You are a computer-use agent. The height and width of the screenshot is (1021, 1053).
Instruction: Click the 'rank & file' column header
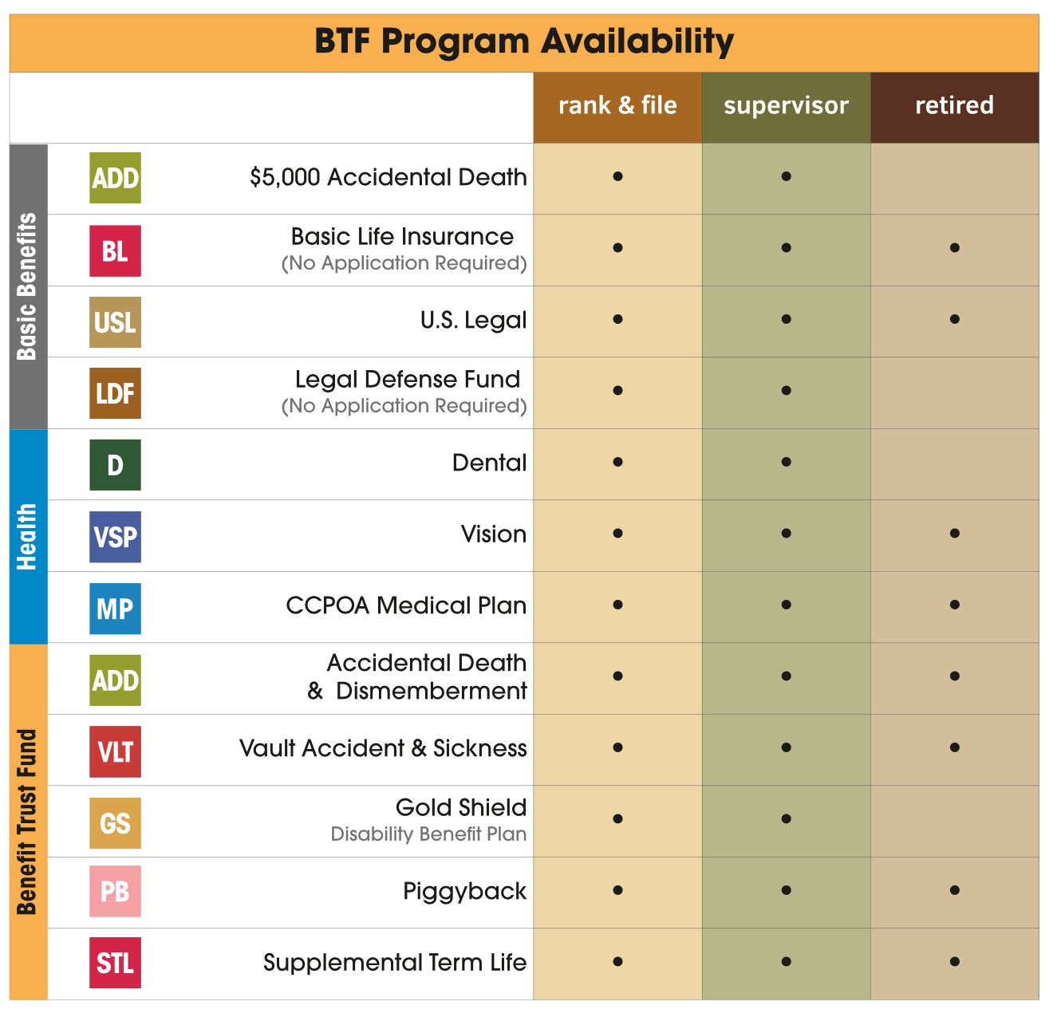click(x=617, y=105)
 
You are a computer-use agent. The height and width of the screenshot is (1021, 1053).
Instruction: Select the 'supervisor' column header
click(x=786, y=105)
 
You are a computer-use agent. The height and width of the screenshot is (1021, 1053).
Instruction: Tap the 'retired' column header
click(x=954, y=105)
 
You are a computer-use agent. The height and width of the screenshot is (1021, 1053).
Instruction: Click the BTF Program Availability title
click(x=524, y=41)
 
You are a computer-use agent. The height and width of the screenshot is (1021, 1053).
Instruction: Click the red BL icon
click(x=115, y=250)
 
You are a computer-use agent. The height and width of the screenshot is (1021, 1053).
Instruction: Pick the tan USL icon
click(x=115, y=322)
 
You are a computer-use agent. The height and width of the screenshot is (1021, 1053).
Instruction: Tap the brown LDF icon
click(x=115, y=393)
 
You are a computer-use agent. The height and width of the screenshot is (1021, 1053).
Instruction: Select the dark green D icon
click(x=115, y=465)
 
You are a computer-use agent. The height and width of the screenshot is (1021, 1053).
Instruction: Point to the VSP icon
click(x=115, y=537)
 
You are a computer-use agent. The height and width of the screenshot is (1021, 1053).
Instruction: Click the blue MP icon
click(x=115, y=609)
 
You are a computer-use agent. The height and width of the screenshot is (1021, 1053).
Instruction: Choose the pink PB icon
click(x=115, y=891)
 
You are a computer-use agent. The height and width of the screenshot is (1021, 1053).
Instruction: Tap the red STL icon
click(x=115, y=963)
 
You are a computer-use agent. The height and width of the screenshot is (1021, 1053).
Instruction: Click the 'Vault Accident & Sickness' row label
click(x=383, y=748)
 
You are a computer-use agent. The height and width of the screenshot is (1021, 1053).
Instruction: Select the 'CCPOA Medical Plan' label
click(x=406, y=605)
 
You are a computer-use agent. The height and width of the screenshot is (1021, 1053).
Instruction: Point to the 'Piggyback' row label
click(x=464, y=891)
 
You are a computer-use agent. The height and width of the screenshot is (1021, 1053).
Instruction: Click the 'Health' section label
click(x=28, y=536)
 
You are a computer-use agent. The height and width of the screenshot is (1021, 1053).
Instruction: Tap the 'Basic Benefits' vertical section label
click(x=28, y=286)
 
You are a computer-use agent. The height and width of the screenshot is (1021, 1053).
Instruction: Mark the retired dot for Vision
click(x=954, y=534)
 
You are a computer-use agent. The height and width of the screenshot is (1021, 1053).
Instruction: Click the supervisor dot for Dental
click(x=786, y=462)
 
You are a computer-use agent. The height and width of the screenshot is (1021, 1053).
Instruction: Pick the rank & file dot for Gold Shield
click(x=617, y=819)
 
